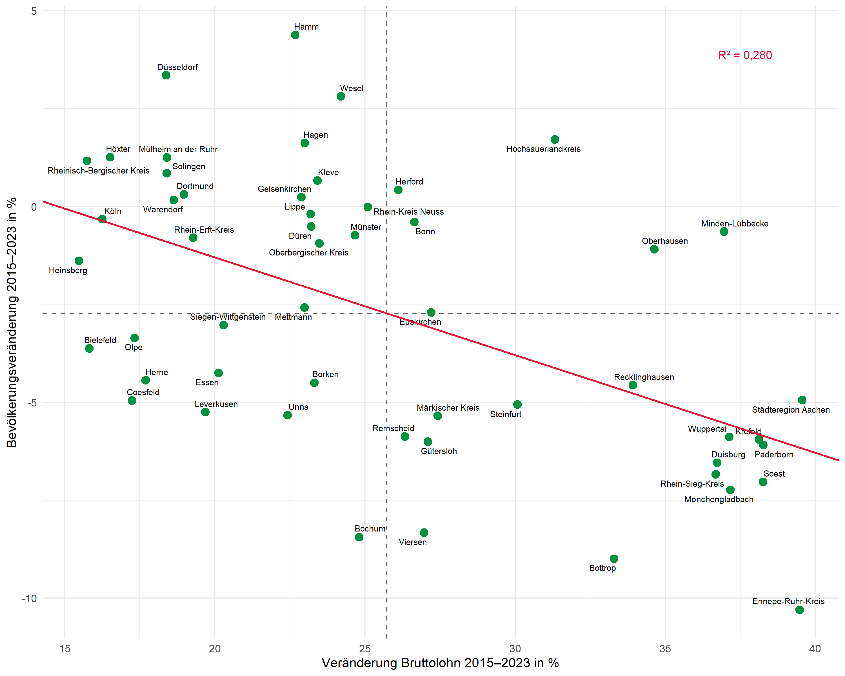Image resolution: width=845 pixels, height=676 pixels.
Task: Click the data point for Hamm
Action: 295,35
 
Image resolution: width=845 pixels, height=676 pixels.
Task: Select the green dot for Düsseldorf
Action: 166,75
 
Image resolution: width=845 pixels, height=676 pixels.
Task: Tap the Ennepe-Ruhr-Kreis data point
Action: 800,610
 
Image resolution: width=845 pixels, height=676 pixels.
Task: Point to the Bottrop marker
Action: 614,559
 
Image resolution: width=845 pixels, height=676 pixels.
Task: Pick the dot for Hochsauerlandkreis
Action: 555,139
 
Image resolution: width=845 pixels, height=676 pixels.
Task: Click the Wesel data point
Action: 341,96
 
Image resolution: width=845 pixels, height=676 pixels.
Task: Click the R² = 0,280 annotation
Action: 745,55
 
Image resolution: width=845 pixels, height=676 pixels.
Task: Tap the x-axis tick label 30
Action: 515,649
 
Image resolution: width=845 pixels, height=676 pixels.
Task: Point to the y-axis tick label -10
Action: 29,599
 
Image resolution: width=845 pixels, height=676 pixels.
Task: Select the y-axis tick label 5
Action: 34,11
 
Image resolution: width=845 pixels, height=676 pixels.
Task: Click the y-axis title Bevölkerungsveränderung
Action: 12,322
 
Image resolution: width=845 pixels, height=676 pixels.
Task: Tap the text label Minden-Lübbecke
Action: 735,224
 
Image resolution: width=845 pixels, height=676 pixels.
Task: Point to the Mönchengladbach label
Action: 719,500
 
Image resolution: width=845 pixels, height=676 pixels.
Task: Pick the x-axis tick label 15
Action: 65,649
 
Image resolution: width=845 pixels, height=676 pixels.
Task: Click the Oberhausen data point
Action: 654,249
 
